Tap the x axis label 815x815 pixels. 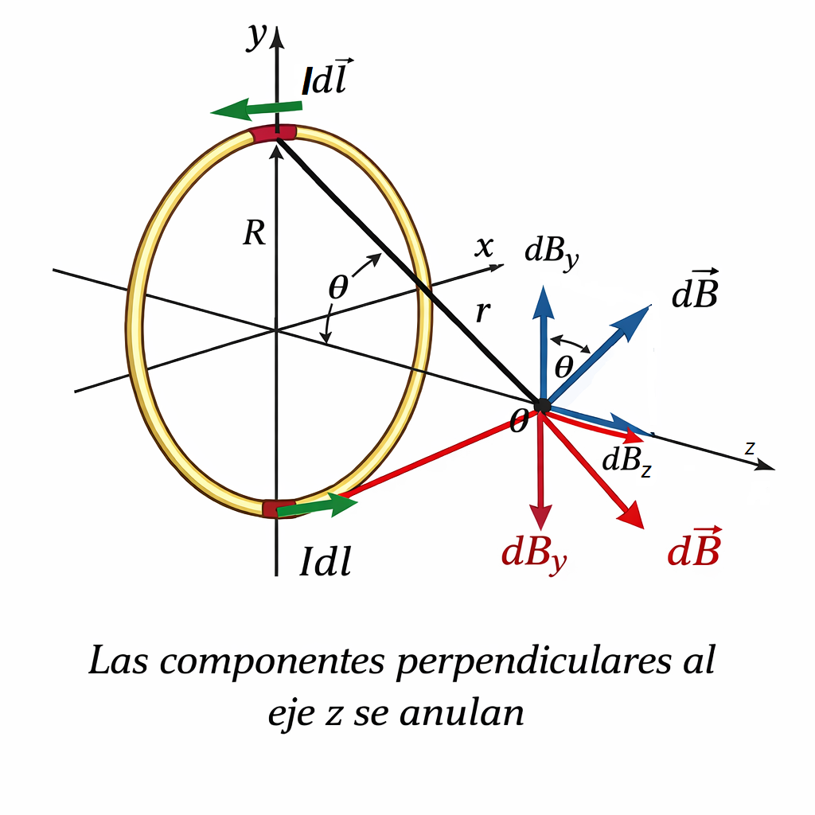[x=483, y=248]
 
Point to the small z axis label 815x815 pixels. [x=749, y=449]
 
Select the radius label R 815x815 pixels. [x=253, y=234]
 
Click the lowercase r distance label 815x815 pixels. [x=482, y=314]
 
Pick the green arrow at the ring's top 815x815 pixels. [x=256, y=108]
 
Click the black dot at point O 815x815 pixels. [x=543, y=405]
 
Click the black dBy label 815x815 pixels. [x=551, y=252]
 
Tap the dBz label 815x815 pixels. [x=627, y=462]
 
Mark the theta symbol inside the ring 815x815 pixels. [x=338, y=288]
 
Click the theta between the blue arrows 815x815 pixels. [x=563, y=366]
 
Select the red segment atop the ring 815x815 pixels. [x=274, y=133]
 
